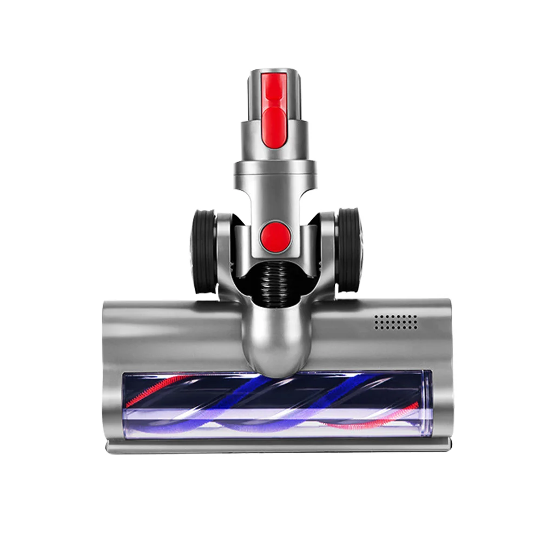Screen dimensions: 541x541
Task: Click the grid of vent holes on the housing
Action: (x=396, y=322)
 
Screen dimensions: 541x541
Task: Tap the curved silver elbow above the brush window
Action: (x=276, y=335)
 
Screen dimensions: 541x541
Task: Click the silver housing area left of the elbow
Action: (x=173, y=330)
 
